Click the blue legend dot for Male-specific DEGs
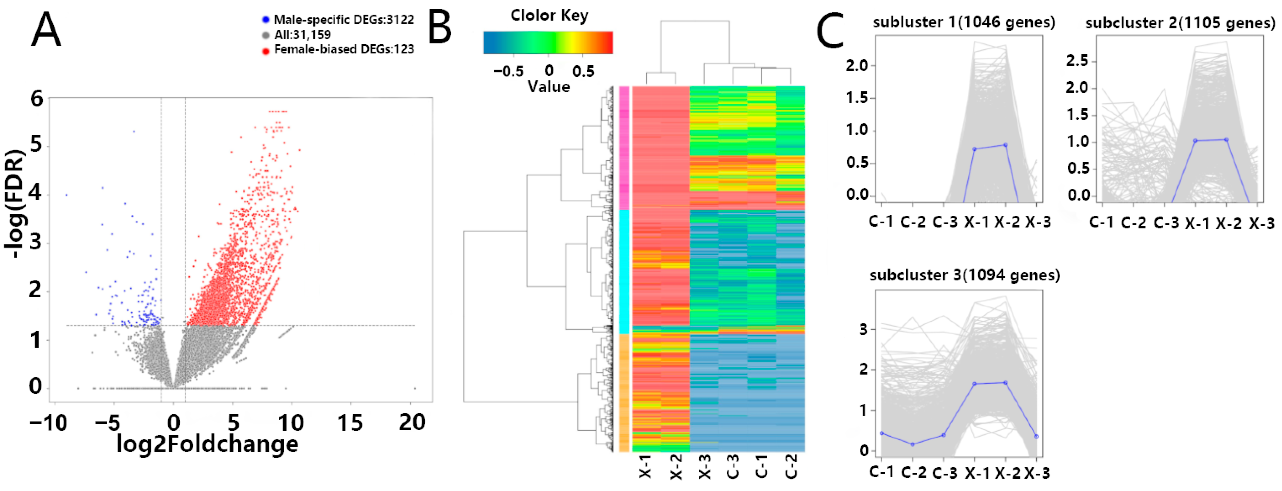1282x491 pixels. point(266,20)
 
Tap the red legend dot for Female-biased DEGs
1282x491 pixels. point(266,50)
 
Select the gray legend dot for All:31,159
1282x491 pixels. point(266,35)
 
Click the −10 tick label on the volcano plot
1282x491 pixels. point(48,424)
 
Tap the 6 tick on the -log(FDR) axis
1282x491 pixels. point(37,98)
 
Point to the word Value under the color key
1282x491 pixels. point(548,87)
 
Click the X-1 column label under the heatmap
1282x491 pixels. point(645,467)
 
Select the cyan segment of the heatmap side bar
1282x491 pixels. point(624,271)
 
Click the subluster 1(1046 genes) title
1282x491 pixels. point(964,23)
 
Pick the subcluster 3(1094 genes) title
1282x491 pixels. point(964,275)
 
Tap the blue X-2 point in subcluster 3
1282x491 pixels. point(1006,382)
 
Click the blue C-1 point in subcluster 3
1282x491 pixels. point(882,433)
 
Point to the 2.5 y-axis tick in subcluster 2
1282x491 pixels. point(1077,61)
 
